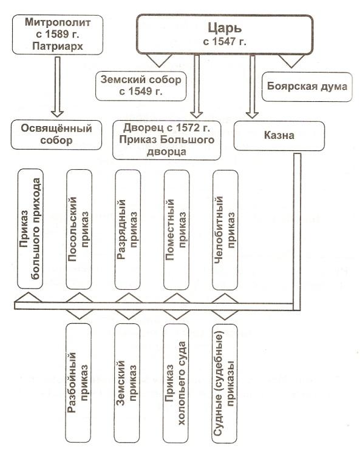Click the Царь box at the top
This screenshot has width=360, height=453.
[225, 35]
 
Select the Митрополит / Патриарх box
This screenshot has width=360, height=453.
[58, 35]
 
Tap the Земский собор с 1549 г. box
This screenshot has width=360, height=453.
[141, 86]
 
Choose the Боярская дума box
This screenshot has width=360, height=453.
[307, 87]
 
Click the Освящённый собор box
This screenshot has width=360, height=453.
[56, 135]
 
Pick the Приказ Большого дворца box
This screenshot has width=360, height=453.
[166, 140]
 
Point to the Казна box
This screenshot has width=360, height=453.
[279, 135]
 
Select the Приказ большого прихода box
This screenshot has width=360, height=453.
[30, 229]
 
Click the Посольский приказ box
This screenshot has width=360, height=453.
[79, 229]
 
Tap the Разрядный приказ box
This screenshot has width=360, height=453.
[128, 230]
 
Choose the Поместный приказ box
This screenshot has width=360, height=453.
[177, 230]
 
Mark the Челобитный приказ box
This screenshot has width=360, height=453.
[225, 230]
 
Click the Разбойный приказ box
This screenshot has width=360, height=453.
[78, 383]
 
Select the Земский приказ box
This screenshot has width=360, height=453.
[127, 383]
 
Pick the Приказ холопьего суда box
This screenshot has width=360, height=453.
[175, 383]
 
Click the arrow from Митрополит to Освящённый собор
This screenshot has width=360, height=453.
[58, 87]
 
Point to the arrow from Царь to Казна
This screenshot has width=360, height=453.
[253, 87]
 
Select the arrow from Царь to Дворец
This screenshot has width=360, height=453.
[197, 86]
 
